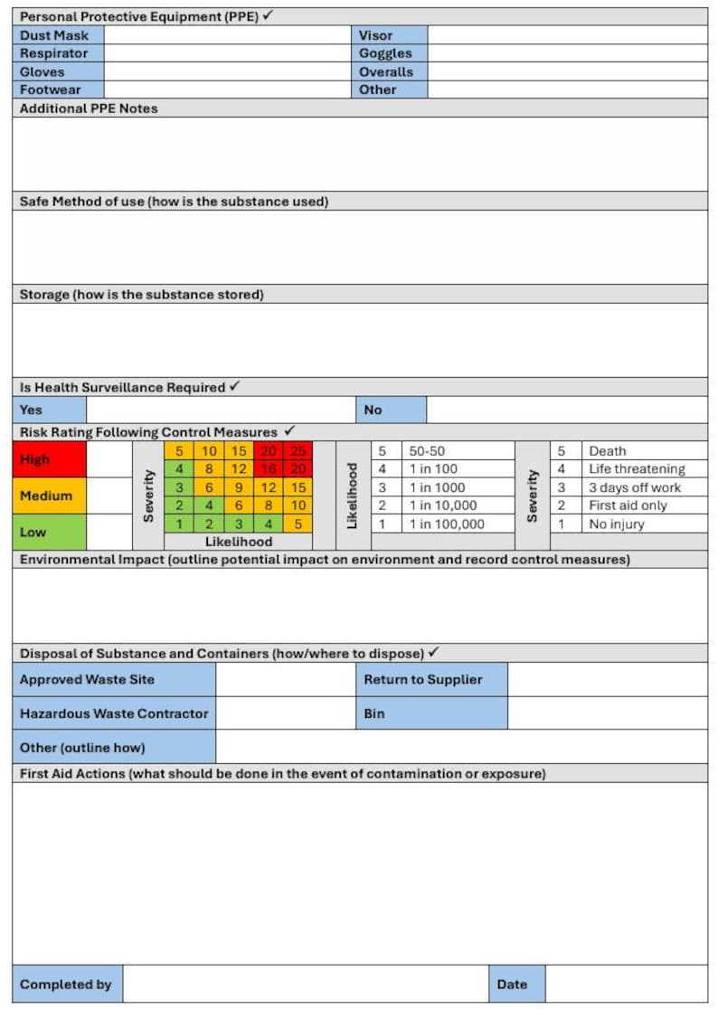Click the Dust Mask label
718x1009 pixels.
(x=54, y=35)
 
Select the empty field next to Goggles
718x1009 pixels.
(x=567, y=53)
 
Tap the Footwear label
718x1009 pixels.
(x=51, y=90)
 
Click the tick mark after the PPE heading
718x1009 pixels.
(x=268, y=16)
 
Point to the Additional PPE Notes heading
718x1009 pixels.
(x=89, y=108)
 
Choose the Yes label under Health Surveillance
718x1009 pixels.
(x=32, y=410)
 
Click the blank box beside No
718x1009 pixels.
(x=567, y=410)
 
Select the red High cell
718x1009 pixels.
(x=49, y=459)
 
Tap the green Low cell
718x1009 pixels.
(x=49, y=533)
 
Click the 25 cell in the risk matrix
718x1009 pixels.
(x=298, y=451)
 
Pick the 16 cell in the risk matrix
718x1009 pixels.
(x=269, y=469)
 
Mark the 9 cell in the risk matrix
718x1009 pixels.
(x=239, y=487)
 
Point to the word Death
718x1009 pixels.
(x=607, y=451)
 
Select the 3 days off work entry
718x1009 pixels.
(x=635, y=487)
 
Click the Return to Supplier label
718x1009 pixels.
(x=423, y=679)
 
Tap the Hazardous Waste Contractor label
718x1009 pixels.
(x=114, y=713)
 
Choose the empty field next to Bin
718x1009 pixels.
(x=608, y=713)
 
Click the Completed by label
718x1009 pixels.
(x=66, y=985)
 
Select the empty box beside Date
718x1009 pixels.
(x=627, y=985)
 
